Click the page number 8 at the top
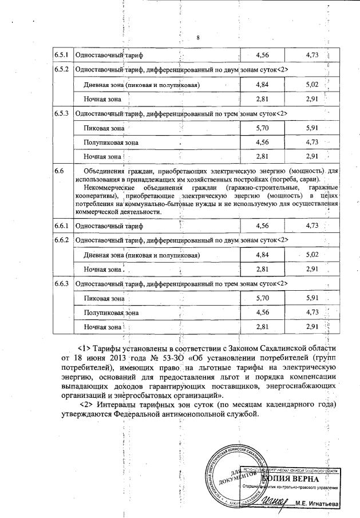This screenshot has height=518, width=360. point(197,38)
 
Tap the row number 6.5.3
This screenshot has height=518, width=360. point(61,113)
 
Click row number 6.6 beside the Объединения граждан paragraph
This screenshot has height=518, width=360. point(58,171)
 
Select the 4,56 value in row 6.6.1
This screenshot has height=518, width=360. point(262,226)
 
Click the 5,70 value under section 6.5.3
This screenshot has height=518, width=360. point(262,128)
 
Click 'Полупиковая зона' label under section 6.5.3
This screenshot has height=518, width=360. point(111,142)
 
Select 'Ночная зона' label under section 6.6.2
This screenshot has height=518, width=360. point(102,269)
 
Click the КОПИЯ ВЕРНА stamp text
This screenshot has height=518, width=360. point(284,477)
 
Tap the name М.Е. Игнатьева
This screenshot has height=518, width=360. point(325,504)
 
